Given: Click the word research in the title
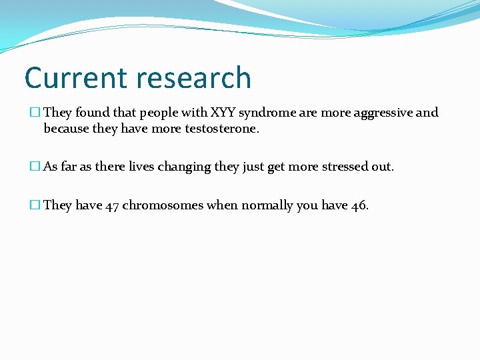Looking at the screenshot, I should pos(193,78).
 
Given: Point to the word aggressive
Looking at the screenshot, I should pos(380,113).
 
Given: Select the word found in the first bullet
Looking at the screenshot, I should pos(91,113).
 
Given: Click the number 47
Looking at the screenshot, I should pos(112,205).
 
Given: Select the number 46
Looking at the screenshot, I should pos(358,205).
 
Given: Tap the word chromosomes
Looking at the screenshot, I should pos(163,205).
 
